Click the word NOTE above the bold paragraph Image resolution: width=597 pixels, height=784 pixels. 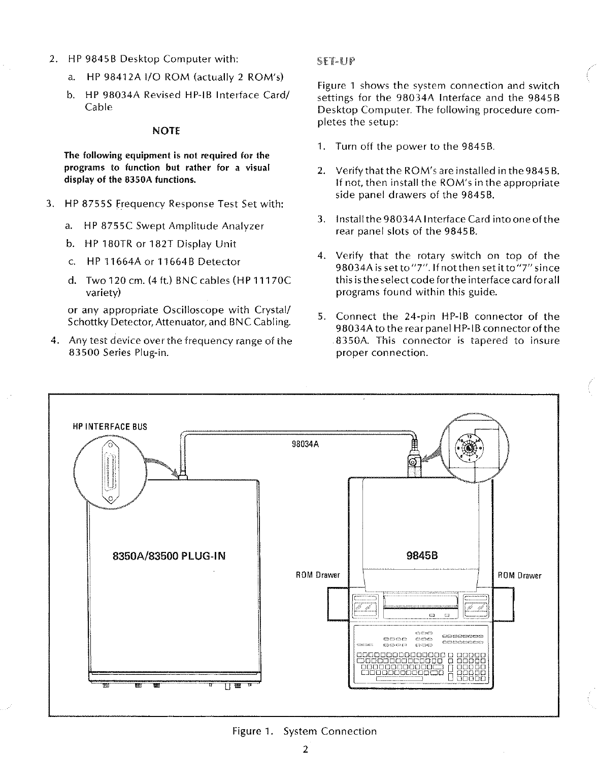coord(166,130)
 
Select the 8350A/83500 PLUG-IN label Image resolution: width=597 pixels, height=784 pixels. coord(168,556)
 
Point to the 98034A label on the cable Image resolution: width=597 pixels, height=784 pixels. coord(305,444)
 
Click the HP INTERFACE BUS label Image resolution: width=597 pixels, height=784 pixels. coord(111,427)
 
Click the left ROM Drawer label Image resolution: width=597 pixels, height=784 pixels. coord(317,575)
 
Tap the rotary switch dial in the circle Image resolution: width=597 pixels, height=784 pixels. coord(470,449)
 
